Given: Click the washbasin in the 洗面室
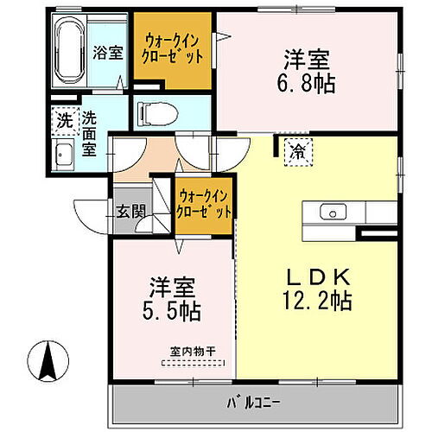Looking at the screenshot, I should pos(65,156).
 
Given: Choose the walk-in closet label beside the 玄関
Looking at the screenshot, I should pos(204,204).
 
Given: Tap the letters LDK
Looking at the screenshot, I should pos(317,277).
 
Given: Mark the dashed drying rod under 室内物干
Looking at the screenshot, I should pos(192,363).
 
